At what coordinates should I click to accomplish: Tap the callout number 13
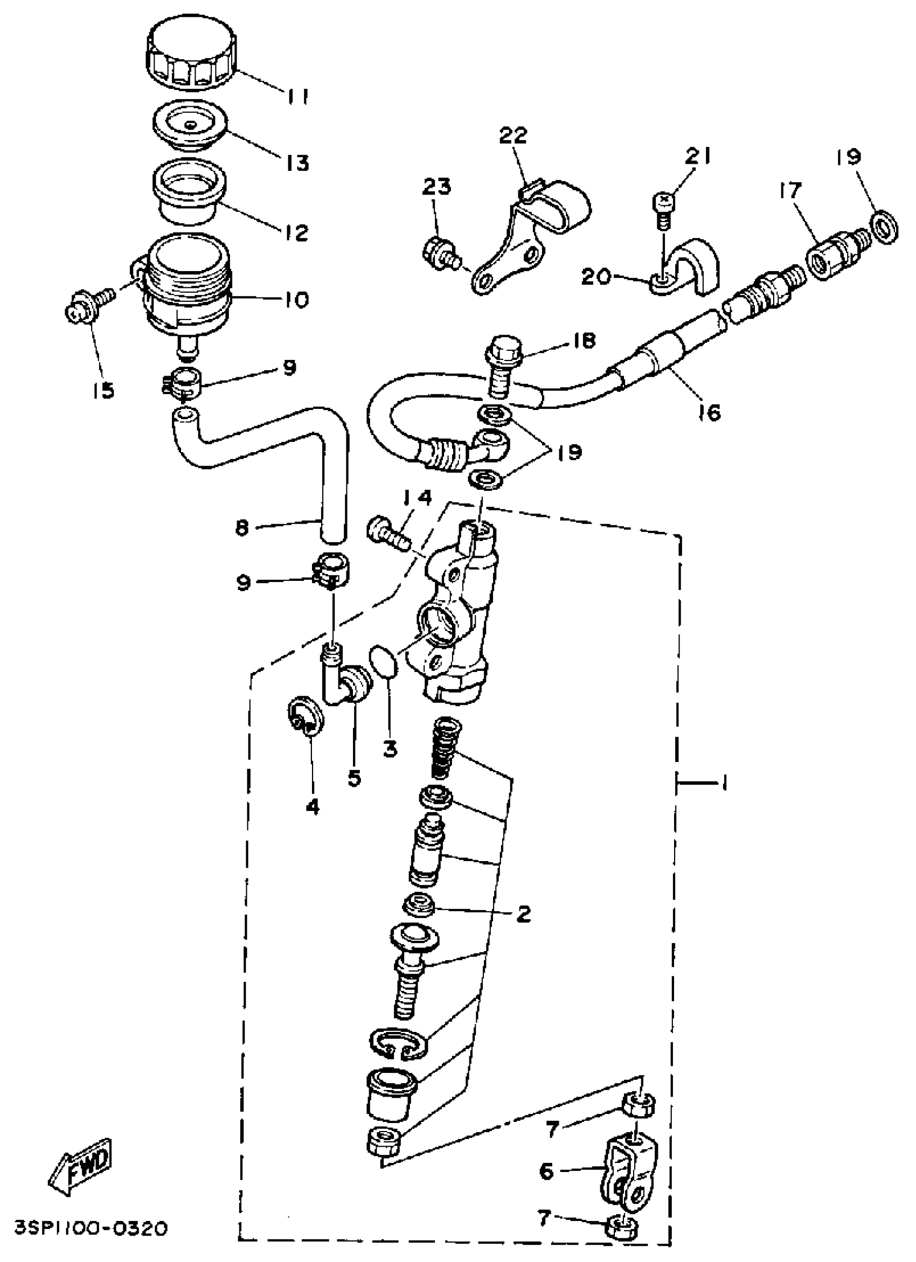point(297,163)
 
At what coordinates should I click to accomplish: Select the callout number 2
point(523,913)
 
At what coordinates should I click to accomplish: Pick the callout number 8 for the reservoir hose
point(241,527)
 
